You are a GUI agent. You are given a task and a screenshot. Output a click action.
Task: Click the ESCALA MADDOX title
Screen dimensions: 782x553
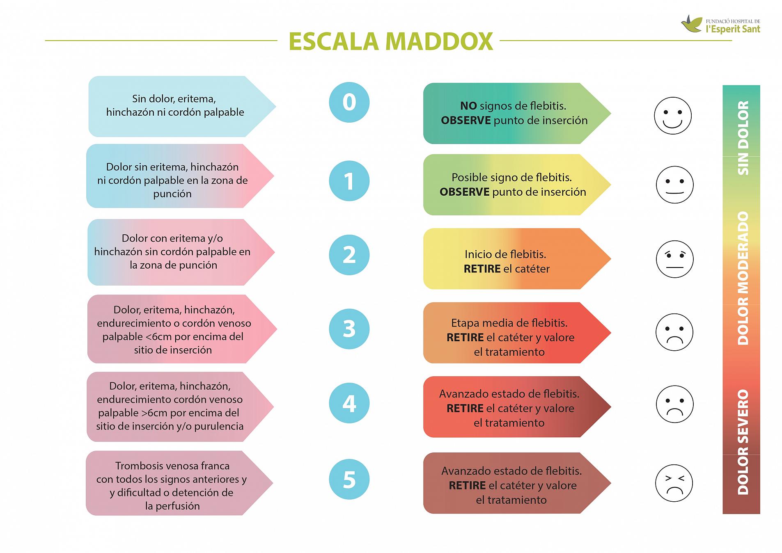[x=390, y=41]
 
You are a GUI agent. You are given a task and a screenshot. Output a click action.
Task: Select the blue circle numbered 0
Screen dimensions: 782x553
[x=349, y=102]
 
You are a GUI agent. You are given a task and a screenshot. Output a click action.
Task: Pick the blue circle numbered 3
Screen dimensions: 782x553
[x=349, y=329]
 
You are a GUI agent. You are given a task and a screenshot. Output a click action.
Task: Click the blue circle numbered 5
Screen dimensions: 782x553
[x=349, y=479]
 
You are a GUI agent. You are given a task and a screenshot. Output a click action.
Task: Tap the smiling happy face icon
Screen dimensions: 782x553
[x=672, y=116]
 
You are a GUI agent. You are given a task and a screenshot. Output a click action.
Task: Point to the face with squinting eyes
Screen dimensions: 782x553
[x=674, y=483]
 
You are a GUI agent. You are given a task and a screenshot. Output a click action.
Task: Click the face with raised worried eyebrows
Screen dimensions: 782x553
[x=674, y=259]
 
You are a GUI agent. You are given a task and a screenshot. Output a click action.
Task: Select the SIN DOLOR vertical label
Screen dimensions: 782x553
[x=743, y=138]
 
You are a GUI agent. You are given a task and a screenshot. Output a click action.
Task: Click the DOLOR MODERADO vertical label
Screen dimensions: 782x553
[x=743, y=278]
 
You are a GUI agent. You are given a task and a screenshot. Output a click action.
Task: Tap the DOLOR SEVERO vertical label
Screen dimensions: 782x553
[x=743, y=442]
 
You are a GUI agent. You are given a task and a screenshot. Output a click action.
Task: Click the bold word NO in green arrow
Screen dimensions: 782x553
[x=468, y=106]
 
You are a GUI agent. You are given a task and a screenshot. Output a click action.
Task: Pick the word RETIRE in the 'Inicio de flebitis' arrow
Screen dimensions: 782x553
[x=482, y=269]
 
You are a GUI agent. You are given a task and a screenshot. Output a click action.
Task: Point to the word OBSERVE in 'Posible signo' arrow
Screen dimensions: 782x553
[x=465, y=192]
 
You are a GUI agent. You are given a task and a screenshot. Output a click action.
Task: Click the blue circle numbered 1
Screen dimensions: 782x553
[x=349, y=181]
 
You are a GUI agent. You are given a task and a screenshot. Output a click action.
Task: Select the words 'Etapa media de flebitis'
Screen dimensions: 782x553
[x=509, y=323]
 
